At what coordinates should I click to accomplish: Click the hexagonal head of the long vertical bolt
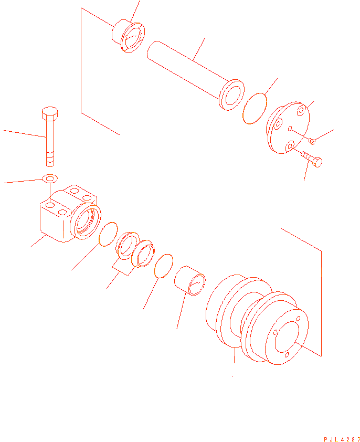(x=50, y=113)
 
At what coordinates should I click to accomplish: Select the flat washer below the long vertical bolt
(x=50, y=178)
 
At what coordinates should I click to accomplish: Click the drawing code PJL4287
(x=342, y=439)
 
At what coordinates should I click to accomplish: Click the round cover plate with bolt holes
(x=288, y=128)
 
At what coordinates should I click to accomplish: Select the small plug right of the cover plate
(x=312, y=141)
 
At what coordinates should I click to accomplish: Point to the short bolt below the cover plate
(x=312, y=159)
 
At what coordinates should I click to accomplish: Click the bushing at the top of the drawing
(x=128, y=36)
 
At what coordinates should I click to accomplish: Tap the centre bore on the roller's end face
(x=287, y=337)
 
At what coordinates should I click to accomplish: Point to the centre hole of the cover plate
(x=290, y=129)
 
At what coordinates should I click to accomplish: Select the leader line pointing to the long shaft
(x=199, y=49)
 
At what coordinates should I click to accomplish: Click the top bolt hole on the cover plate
(x=301, y=110)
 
